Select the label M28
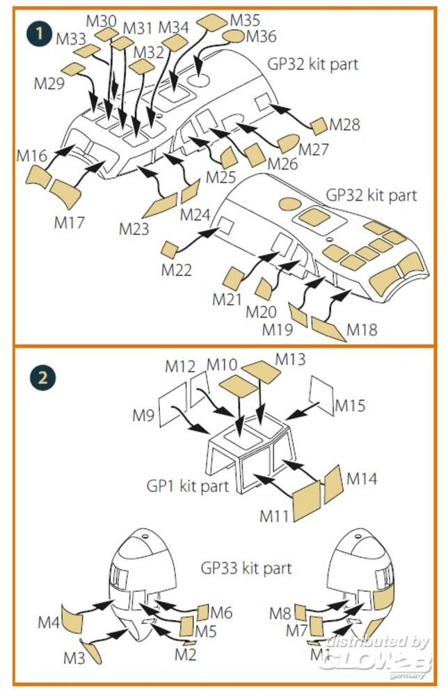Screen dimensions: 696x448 pyautogui.click(x=345, y=125)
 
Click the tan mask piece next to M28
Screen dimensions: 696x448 pyautogui.click(x=319, y=126)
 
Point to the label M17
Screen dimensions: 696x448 pyautogui.click(x=69, y=223)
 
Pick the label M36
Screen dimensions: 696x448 pyautogui.click(x=261, y=35)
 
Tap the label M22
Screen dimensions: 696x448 pyautogui.click(x=176, y=270)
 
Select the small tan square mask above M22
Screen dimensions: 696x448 pyautogui.click(x=170, y=249)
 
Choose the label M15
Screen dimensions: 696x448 pyautogui.click(x=350, y=405)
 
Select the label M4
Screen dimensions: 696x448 pyautogui.click(x=48, y=622)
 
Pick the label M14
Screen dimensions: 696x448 pyautogui.click(x=361, y=479)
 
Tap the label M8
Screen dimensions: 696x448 pyautogui.click(x=280, y=613)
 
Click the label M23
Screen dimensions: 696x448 pyautogui.click(x=134, y=228)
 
